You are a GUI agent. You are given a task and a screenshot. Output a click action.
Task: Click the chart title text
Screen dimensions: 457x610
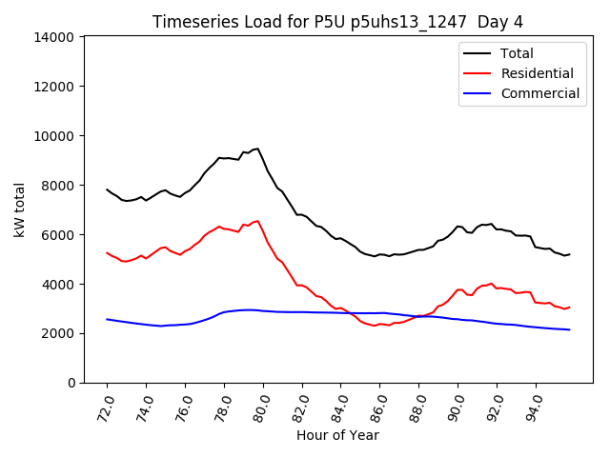pyautogui.click(x=337, y=22)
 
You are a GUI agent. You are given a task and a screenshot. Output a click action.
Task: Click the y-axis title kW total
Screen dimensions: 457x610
pyautogui.click(x=20, y=209)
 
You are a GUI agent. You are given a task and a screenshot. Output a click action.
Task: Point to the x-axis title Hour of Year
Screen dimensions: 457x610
pyautogui.click(x=337, y=435)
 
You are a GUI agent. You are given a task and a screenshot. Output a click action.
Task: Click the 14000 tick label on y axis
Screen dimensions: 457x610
pyautogui.click(x=55, y=37)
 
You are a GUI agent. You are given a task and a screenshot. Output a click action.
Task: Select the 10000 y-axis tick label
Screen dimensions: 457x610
pyautogui.click(x=55, y=136)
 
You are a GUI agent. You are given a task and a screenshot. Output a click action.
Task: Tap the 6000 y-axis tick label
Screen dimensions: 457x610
pyautogui.click(x=59, y=235)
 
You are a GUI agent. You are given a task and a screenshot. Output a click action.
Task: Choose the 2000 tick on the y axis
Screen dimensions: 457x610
pyautogui.click(x=59, y=333)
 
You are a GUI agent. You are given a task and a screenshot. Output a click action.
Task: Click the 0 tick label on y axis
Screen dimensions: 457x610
pyautogui.click(x=71, y=383)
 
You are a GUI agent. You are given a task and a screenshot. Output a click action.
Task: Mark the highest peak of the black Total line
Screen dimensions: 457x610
pyautogui.click(x=257, y=149)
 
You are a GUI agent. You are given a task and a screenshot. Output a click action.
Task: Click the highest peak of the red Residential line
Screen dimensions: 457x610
pyautogui.click(x=257, y=221)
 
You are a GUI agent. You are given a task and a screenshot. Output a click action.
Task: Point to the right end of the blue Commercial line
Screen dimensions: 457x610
pyautogui.click(x=569, y=329)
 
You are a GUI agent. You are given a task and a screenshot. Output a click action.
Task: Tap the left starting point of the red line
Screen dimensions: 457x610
pyautogui.click(x=107, y=252)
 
